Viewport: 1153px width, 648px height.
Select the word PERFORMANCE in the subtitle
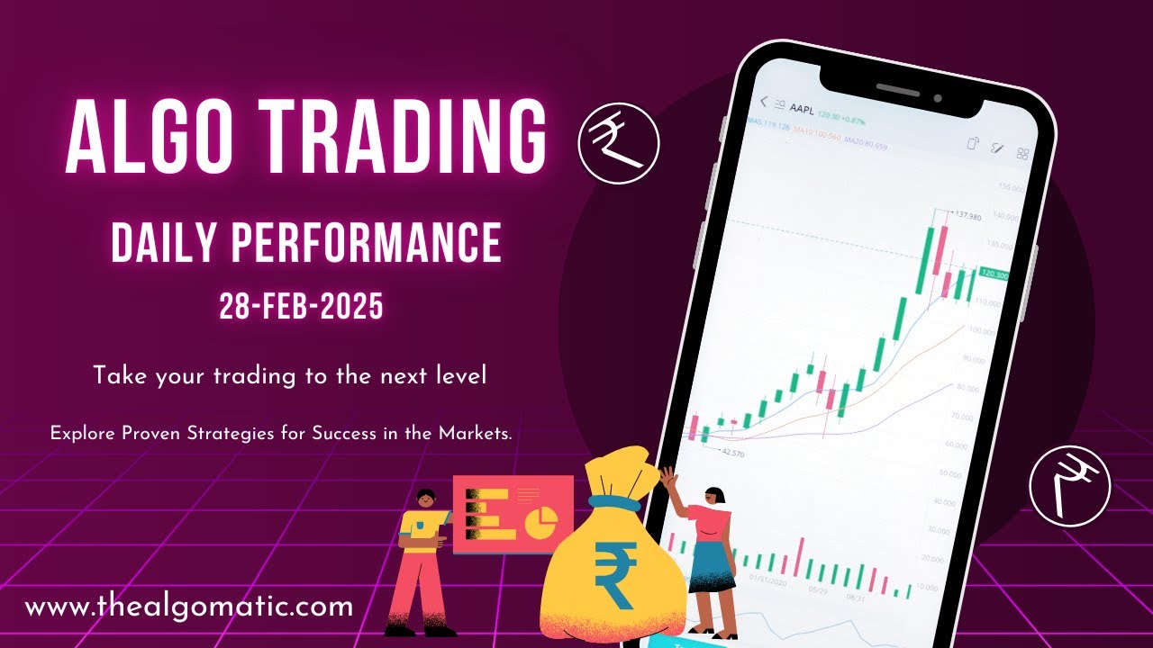coord(367,242)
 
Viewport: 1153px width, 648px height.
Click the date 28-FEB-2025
coord(302,307)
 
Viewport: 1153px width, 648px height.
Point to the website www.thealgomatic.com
coord(189,606)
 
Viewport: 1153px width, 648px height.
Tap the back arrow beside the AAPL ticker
coord(764,102)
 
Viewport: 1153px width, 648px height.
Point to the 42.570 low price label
coord(733,453)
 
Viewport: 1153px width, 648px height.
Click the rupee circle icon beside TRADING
coord(619,144)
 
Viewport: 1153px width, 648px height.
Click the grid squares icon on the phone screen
coord(1022,154)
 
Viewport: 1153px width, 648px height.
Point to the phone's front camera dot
coord(938,97)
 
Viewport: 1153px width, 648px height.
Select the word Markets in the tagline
coord(475,433)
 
